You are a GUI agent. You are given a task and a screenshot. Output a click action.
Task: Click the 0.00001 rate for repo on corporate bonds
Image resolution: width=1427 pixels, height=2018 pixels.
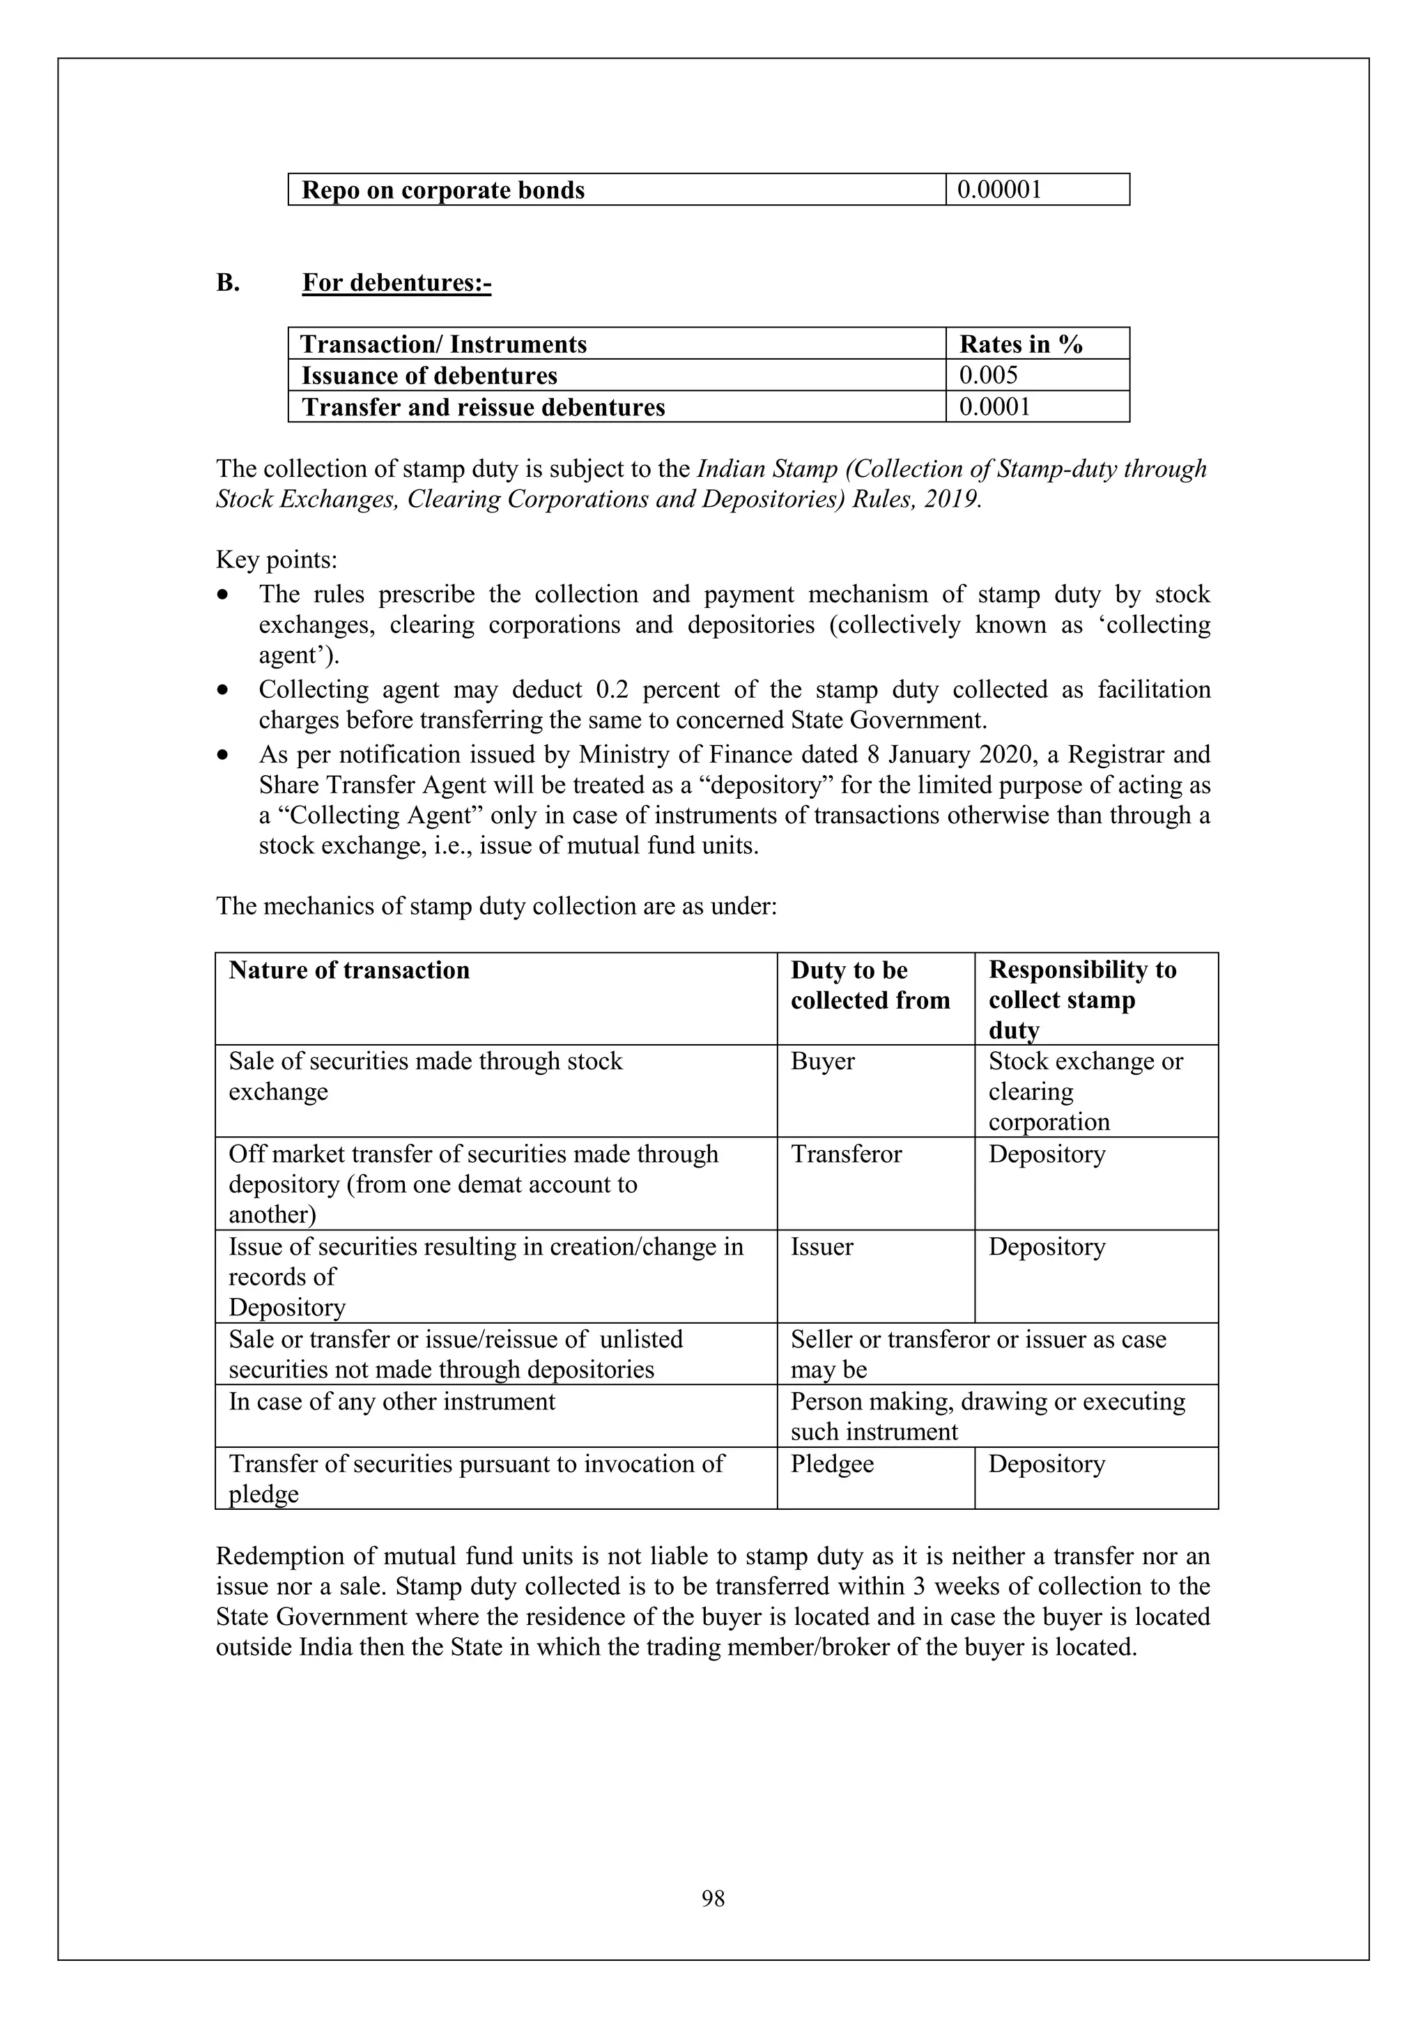tap(999, 190)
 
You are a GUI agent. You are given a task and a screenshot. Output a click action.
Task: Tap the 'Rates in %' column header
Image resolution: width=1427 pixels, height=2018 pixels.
tap(1020, 344)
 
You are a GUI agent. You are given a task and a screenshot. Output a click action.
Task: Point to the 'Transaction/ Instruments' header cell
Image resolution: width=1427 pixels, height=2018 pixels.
tap(444, 344)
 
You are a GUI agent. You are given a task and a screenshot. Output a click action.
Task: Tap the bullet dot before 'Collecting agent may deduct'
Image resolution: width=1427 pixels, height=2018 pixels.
tap(226, 690)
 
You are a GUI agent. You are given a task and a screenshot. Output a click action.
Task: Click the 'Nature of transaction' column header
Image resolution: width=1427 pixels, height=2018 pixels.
tap(349, 970)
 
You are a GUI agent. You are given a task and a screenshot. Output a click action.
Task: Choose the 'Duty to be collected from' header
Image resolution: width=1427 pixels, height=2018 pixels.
tap(870, 985)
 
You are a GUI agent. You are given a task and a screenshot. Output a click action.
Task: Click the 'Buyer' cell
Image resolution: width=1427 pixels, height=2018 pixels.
tap(822, 1061)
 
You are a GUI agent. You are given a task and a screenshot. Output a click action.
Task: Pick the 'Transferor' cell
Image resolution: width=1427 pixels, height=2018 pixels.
tap(845, 1154)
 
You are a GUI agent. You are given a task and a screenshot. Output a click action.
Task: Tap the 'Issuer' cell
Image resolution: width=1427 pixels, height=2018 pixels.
tap(822, 1246)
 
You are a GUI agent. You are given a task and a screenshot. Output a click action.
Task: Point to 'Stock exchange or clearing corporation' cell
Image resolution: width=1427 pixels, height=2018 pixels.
tap(1084, 1091)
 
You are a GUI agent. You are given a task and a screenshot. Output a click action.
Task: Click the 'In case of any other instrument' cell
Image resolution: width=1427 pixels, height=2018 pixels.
tap(392, 1401)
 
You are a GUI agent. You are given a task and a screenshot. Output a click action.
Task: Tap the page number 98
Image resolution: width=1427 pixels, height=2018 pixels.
tap(713, 1899)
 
